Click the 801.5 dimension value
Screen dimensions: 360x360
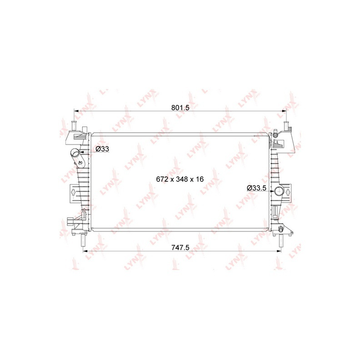click(x=180, y=108)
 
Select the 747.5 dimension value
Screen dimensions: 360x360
click(x=180, y=247)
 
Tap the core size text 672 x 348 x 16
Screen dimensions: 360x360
click(x=180, y=179)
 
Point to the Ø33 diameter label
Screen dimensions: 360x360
click(x=102, y=149)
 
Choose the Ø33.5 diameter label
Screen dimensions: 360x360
click(x=256, y=188)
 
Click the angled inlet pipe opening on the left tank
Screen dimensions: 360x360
click(x=75, y=152)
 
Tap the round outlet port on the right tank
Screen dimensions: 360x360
click(x=279, y=190)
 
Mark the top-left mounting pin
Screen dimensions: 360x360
click(x=74, y=125)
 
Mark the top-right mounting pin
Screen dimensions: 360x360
click(x=286, y=125)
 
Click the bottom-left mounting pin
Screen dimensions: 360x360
click(x=83, y=240)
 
